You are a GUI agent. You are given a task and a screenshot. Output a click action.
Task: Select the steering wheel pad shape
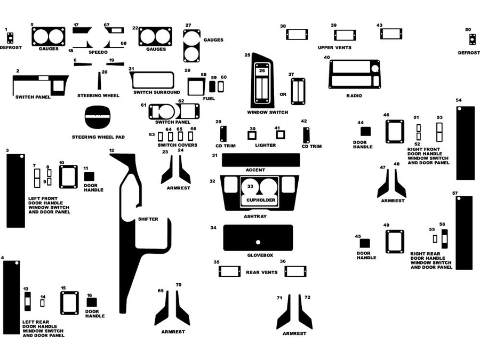[x=98, y=118]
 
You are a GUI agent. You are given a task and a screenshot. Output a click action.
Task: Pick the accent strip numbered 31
[x=261, y=160]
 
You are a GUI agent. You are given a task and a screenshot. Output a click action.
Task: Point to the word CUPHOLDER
[x=261, y=200]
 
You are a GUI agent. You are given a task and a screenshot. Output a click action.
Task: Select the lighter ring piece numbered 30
[x=252, y=135]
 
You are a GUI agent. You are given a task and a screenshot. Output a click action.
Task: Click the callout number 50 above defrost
[x=468, y=30]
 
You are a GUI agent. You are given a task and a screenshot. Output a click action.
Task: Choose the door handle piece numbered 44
[x=365, y=132]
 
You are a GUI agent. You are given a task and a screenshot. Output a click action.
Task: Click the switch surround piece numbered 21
[x=152, y=80]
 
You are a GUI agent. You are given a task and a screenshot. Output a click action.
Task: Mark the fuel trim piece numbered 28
[x=196, y=86]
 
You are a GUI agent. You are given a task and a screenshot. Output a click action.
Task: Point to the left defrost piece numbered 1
[x=10, y=38]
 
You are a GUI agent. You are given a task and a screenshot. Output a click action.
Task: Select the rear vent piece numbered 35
[x=229, y=271]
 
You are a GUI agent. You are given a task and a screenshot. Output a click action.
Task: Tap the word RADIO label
[x=354, y=96]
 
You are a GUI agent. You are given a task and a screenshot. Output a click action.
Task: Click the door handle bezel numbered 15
[x=69, y=302]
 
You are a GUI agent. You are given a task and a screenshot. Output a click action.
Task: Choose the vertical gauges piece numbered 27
[x=191, y=46]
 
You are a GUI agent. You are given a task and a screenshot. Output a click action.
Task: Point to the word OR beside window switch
[x=283, y=94]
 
